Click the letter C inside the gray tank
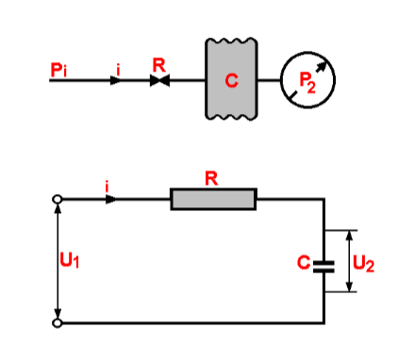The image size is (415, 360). [x=231, y=80]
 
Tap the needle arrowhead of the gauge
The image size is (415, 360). [x=325, y=65]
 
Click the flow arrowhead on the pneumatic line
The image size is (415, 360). [x=116, y=81]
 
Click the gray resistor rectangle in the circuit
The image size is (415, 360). [x=213, y=199]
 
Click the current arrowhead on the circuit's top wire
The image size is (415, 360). [x=112, y=199]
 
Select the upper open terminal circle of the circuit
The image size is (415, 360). [x=58, y=199]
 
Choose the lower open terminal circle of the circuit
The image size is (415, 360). [x=58, y=323]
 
